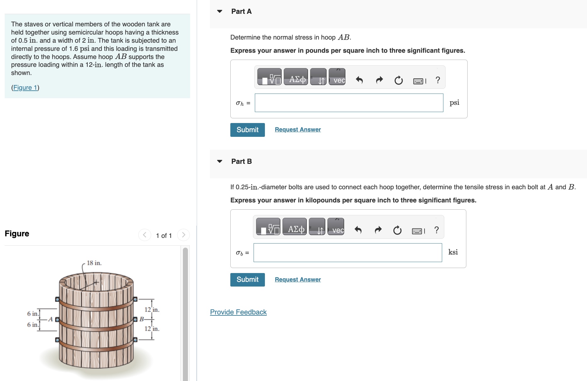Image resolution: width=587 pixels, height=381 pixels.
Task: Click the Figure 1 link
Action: pyautogui.click(x=25, y=88)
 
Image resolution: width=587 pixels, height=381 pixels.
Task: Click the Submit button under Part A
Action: pyautogui.click(x=247, y=130)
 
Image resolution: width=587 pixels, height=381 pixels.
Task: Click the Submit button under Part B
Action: pyautogui.click(x=247, y=280)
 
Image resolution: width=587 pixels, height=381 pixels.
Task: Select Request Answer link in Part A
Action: pyautogui.click(x=298, y=130)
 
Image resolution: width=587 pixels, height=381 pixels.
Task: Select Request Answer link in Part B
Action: pyautogui.click(x=298, y=280)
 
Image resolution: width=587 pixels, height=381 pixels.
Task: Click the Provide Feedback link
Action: pyautogui.click(x=238, y=312)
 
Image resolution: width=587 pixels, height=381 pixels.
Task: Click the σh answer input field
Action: pyautogui.click(x=349, y=103)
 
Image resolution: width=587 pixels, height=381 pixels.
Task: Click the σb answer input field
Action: pyautogui.click(x=348, y=253)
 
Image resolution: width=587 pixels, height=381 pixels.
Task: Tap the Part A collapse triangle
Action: pyautogui.click(x=220, y=12)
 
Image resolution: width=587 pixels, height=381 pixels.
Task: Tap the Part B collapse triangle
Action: pyautogui.click(x=220, y=161)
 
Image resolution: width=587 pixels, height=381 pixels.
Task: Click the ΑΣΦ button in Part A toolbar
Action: pyautogui.click(x=296, y=77)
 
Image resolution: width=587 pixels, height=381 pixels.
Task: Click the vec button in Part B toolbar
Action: pyautogui.click(x=336, y=227)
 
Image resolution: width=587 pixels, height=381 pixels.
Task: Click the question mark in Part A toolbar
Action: pyautogui.click(x=438, y=80)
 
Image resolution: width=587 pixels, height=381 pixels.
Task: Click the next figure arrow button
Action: pyautogui.click(x=184, y=235)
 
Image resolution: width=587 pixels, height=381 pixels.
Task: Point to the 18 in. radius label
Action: pyautogui.click(x=94, y=263)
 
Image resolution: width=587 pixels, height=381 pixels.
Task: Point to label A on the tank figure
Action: pyautogui.click(x=50, y=319)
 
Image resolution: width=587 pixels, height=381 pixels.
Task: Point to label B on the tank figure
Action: pyautogui.click(x=141, y=319)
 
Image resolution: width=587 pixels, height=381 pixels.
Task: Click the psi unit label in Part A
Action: pyautogui.click(x=454, y=103)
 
